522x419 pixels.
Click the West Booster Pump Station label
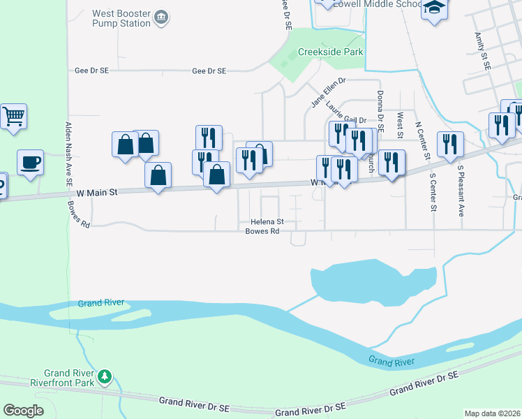click(x=121, y=18)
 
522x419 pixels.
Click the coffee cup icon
click(x=30, y=163)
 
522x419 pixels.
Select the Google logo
click(x=23, y=410)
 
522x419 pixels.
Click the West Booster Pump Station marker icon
click(x=161, y=17)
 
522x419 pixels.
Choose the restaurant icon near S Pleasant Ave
click(x=450, y=144)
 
